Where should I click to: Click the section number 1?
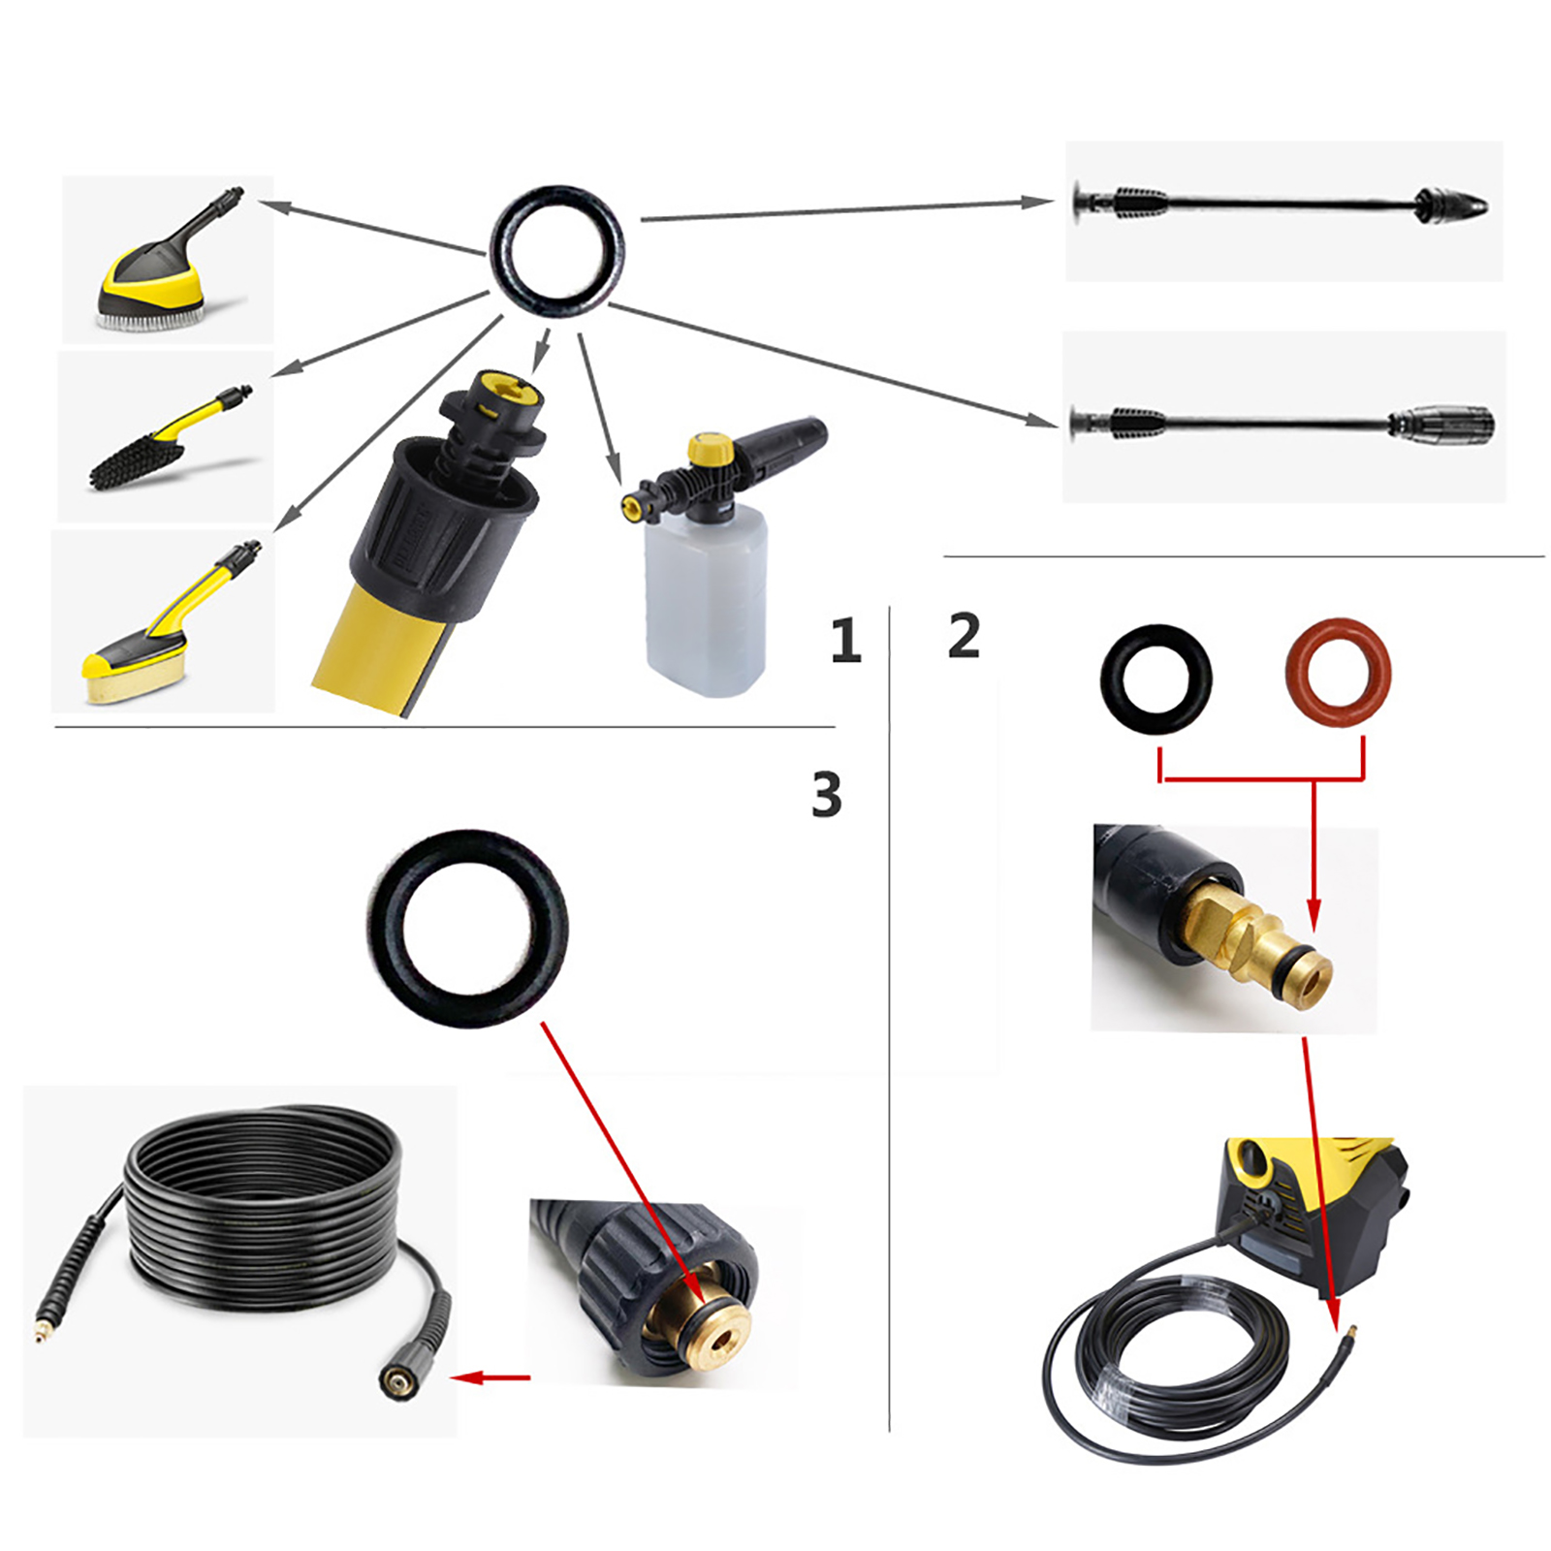(845, 640)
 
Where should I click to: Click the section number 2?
(964, 635)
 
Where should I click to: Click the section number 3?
(827, 794)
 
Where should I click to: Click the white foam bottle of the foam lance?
(706, 601)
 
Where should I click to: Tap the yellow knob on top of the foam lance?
(711, 449)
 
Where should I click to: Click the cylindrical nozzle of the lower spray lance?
(1441, 424)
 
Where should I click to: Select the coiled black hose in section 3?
(262, 1212)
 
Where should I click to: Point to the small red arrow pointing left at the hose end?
(491, 1377)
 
